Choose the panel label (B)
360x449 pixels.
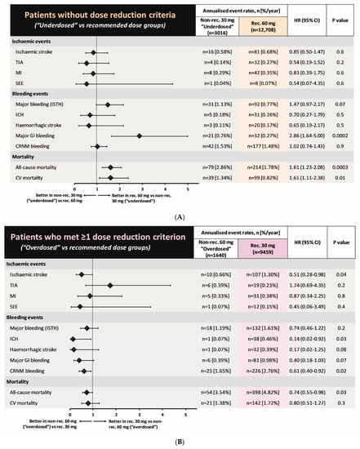coord(180,442)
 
